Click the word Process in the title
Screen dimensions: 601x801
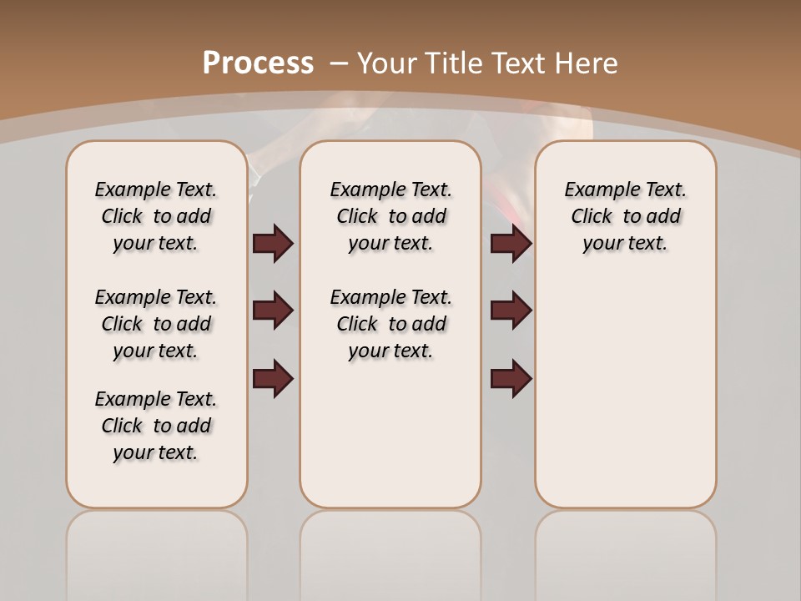tap(258, 63)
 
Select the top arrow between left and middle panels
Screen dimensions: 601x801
tap(273, 243)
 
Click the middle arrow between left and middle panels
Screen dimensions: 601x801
tap(273, 311)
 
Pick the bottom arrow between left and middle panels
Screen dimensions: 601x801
tap(273, 378)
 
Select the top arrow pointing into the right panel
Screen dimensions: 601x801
tap(511, 243)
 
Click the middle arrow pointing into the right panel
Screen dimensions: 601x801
tap(511, 311)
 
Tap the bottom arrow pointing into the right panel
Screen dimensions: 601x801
tap(511, 378)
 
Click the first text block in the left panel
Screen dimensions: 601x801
tap(156, 216)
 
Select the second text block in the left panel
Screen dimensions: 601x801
tap(156, 324)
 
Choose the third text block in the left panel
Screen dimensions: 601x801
tap(156, 426)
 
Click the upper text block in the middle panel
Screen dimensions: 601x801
tap(390, 216)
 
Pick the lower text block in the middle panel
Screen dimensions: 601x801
tap(390, 324)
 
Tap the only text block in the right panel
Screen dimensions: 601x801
tap(625, 216)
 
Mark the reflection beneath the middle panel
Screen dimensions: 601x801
tap(390, 551)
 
